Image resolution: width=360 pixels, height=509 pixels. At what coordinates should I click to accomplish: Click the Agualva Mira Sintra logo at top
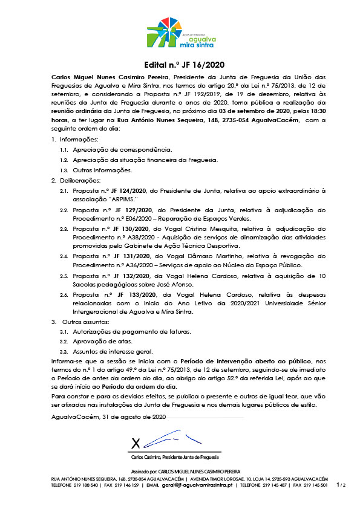pyautogui.click(x=180, y=33)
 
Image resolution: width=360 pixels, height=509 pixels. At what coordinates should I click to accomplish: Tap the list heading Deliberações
pyautogui.click(x=80, y=181)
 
